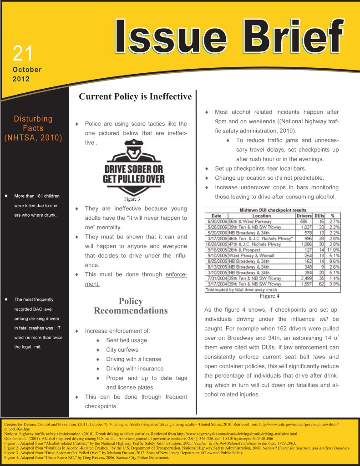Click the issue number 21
point(23,53)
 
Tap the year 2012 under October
point(21,79)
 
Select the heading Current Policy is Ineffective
point(135,96)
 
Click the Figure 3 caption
point(132,199)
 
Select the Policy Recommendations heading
point(131,306)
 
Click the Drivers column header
point(304,216)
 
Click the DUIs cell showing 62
point(321,284)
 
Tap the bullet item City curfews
point(122,350)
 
